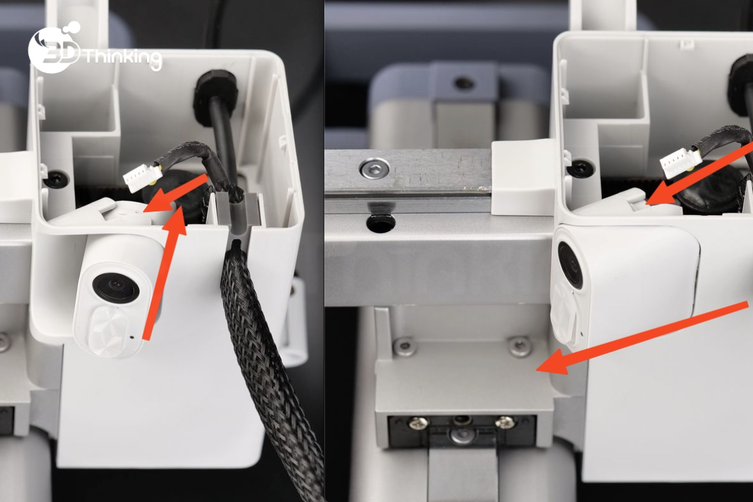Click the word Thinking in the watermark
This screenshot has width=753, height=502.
(x=123, y=60)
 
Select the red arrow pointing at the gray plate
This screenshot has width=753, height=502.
(x=641, y=337)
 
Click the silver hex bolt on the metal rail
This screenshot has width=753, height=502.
(x=374, y=167)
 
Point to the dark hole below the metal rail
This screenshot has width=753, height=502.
(x=380, y=223)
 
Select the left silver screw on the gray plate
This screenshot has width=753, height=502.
(x=403, y=346)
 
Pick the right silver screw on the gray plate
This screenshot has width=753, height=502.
(x=520, y=346)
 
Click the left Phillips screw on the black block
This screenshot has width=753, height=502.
(x=419, y=424)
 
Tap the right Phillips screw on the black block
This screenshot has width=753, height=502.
(x=505, y=422)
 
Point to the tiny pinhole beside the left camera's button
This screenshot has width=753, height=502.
(x=132, y=336)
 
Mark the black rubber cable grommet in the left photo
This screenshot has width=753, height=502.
(x=215, y=98)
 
